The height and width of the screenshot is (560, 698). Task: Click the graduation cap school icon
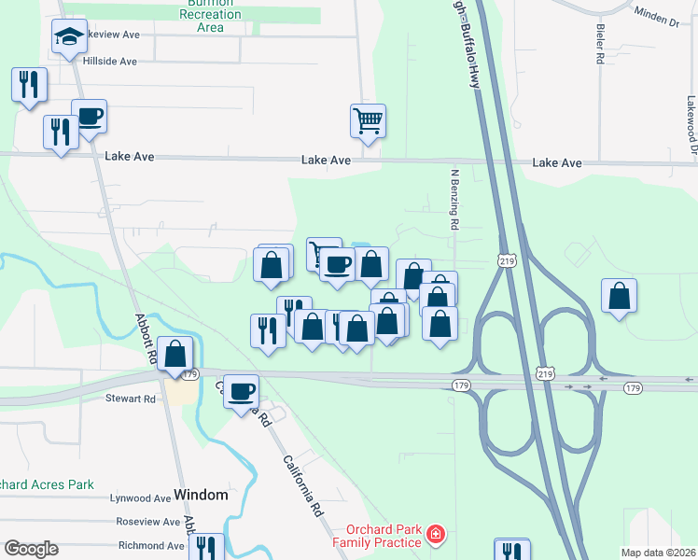coord(69,36)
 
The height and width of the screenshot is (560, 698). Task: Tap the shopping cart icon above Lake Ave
coord(368,120)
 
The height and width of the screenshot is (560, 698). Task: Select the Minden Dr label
coord(657,15)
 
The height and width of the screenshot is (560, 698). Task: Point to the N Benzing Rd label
coord(454,199)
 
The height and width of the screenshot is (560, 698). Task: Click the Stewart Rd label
coord(131,399)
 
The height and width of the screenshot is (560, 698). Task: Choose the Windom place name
coord(201,496)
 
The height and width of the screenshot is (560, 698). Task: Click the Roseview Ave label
coord(147,522)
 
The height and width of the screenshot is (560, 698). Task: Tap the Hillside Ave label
coord(110,62)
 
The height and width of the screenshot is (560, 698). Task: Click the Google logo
coord(30,549)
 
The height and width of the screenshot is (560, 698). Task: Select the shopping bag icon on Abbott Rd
coord(174,354)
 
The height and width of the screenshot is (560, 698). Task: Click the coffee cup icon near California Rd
coord(242,389)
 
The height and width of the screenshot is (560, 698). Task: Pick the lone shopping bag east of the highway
coord(619,296)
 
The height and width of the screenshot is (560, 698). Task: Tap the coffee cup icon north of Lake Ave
coord(90,117)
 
